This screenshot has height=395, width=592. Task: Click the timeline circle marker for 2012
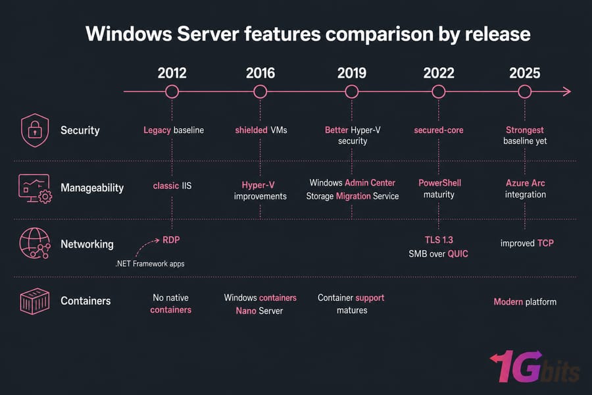172,86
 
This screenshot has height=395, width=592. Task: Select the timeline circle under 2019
352,86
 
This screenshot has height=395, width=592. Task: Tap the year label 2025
524,73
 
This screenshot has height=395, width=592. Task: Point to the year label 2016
260,73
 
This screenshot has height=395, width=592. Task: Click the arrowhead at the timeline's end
567,92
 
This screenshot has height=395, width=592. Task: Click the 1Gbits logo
534,367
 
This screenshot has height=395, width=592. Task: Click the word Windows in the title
129,34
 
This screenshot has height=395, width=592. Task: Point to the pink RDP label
171,240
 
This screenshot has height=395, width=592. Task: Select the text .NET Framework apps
150,263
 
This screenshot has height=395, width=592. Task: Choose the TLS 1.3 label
439,240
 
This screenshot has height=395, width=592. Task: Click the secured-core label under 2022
439,130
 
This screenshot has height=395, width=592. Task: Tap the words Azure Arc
525,183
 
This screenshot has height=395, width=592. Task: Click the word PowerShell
439,183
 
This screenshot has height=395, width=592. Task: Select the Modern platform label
525,302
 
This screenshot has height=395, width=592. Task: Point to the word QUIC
458,253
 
